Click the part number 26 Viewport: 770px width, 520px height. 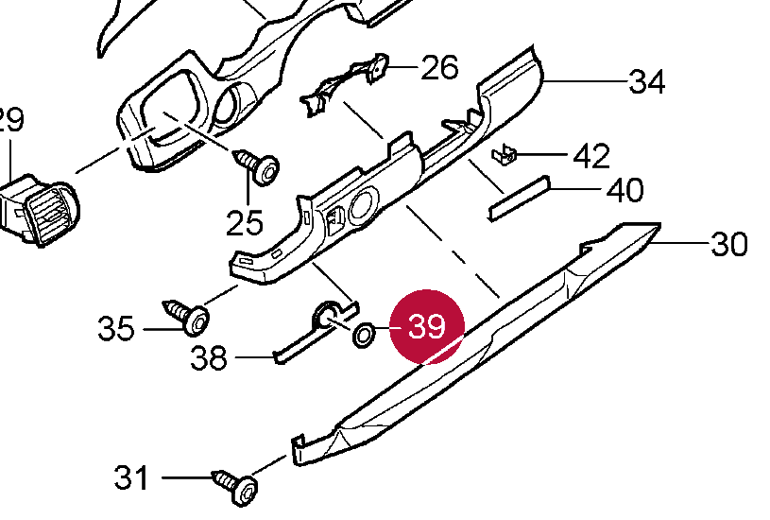[439, 67]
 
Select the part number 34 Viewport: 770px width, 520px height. [647, 82]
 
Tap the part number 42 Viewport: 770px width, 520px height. [592, 155]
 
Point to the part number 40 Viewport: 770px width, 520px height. [625, 189]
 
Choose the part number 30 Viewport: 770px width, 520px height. [728, 245]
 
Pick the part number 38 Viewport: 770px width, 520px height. [209, 358]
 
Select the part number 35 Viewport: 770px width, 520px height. [117, 329]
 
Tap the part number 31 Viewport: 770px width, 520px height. [133, 477]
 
